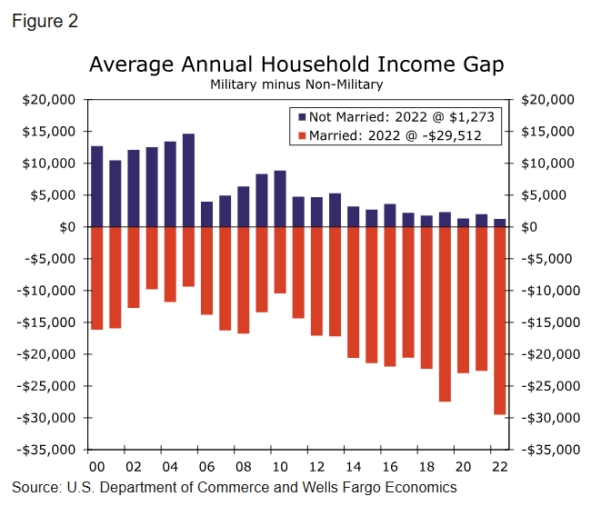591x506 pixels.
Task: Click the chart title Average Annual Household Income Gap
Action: [295, 65]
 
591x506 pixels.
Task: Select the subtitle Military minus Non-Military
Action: [295, 84]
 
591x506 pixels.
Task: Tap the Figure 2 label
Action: [45, 22]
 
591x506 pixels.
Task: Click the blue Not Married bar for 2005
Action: [188, 181]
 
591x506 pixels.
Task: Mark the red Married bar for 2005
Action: [188, 257]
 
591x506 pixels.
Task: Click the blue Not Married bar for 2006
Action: [206, 214]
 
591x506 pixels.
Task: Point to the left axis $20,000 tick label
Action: [49, 100]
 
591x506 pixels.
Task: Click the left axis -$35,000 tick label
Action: [47, 450]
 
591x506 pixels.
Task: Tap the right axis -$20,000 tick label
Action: [546, 354]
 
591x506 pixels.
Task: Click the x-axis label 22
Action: [499, 466]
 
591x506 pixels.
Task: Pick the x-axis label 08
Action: [243, 466]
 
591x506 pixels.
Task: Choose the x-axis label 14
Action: [353, 466]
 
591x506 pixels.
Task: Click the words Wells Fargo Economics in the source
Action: [382, 488]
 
